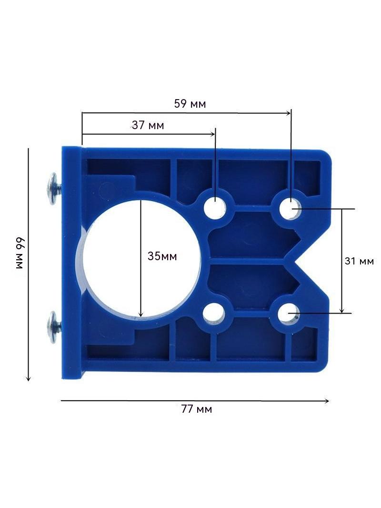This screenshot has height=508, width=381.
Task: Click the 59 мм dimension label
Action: click(x=190, y=104)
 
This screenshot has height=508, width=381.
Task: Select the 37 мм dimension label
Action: click(x=148, y=125)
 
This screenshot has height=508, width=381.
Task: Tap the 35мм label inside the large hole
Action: click(x=162, y=256)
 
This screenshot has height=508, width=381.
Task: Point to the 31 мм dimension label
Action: click(x=359, y=261)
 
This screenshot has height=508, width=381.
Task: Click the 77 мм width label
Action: click(x=197, y=409)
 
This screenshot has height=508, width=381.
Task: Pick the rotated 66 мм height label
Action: click(x=20, y=253)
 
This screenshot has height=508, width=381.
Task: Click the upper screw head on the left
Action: click(x=51, y=189)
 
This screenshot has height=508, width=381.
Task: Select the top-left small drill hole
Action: click(x=215, y=207)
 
